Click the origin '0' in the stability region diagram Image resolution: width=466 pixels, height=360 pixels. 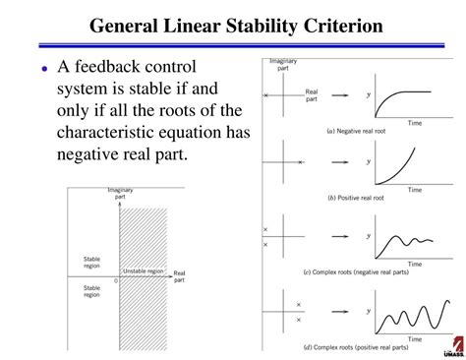(116, 281)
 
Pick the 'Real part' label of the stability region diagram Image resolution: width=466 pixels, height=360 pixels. (179, 275)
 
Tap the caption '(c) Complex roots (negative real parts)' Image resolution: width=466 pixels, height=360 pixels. (375, 270)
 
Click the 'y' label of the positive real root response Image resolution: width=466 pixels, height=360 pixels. (369, 161)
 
